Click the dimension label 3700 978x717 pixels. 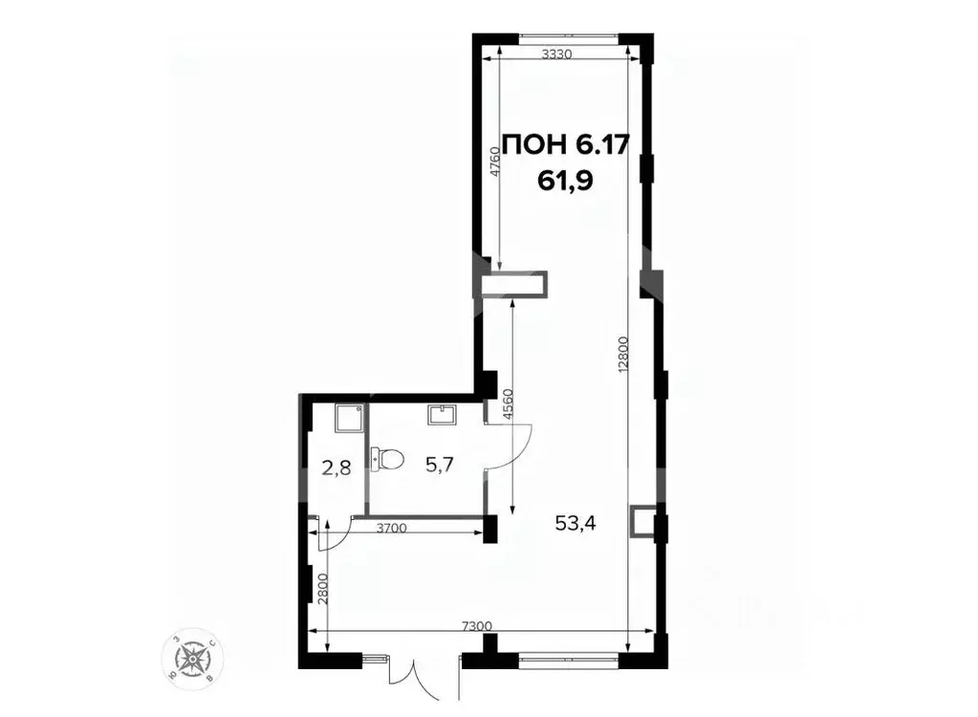point(394,527)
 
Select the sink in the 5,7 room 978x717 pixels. point(441,414)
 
